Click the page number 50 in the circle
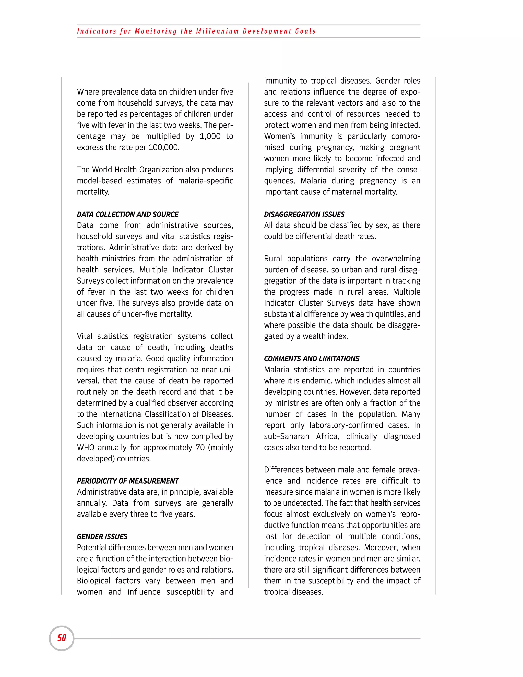[62, 638]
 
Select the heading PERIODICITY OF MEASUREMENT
[128, 481]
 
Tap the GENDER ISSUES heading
[102, 536]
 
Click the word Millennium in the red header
[218, 31]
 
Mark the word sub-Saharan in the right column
[287, 436]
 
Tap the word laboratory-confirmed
[346, 425]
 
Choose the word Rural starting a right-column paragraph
[273, 259]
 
